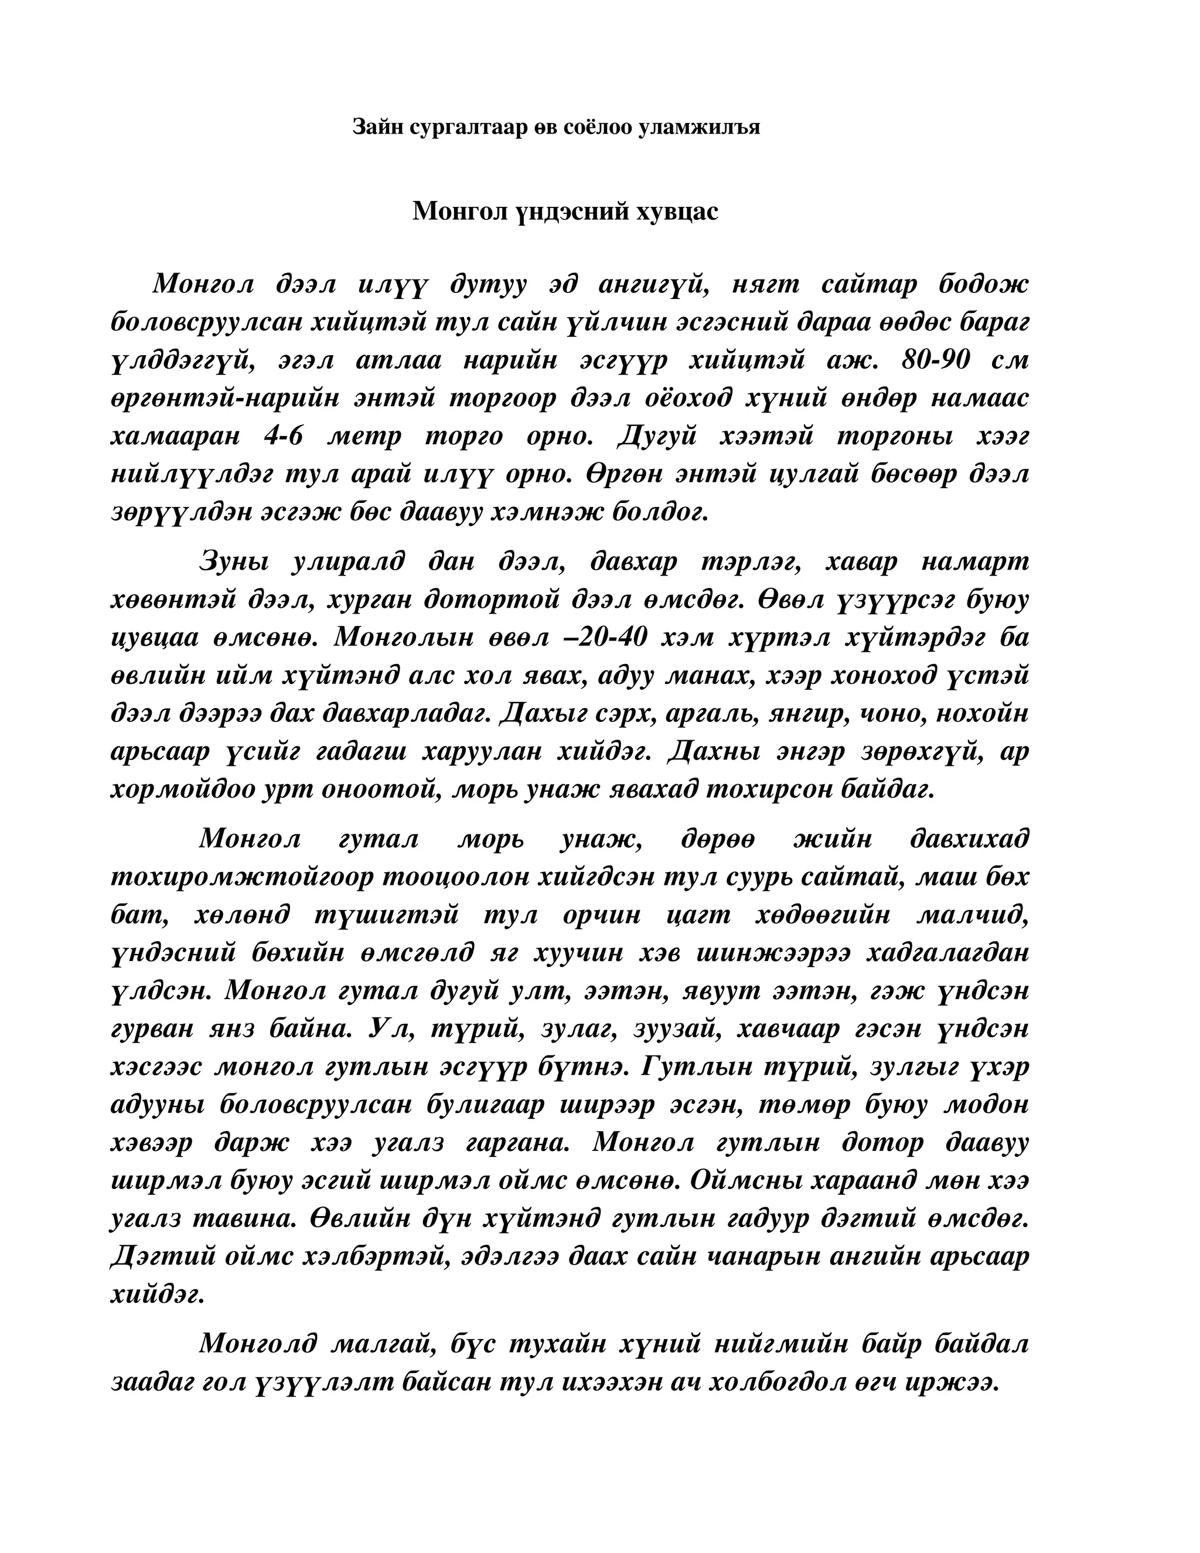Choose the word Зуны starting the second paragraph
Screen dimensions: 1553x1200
coord(234,562)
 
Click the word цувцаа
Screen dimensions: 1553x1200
coord(152,637)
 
